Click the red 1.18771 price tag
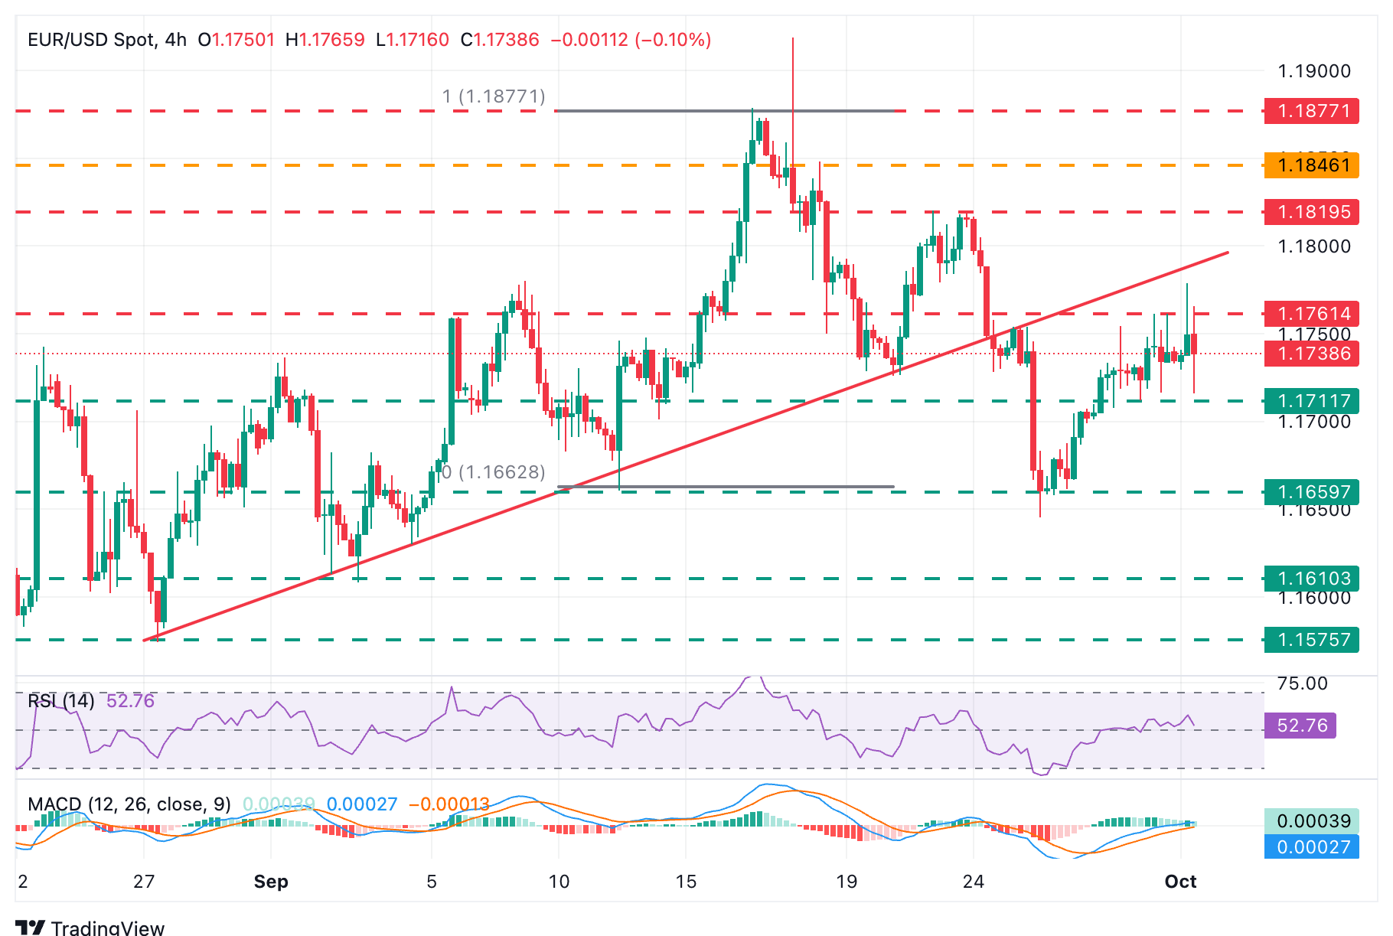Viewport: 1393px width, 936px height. (1311, 111)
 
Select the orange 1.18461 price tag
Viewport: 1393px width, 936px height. (1311, 165)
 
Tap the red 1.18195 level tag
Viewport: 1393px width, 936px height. (1311, 212)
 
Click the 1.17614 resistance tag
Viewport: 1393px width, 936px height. (1311, 314)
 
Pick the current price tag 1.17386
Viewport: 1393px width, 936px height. (1311, 354)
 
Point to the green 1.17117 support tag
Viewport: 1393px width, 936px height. (1311, 401)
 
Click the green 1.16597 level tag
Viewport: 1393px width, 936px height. (1311, 491)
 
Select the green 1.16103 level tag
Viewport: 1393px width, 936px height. (1311, 579)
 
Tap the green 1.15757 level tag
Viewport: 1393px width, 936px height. (1311, 640)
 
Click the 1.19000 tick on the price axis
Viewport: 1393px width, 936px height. (1314, 71)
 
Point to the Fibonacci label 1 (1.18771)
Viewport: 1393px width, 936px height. (494, 96)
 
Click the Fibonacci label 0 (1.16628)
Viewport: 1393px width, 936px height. (494, 472)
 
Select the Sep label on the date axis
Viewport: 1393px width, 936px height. (271, 882)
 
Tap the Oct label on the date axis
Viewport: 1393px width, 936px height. (1180, 882)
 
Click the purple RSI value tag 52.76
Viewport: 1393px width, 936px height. (1300, 726)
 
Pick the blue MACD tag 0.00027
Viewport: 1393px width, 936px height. (1311, 846)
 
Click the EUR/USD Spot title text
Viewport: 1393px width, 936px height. (92, 40)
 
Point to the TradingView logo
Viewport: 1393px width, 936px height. (90, 928)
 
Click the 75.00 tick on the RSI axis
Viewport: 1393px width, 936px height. (1302, 683)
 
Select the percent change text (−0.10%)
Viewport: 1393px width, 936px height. (673, 40)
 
